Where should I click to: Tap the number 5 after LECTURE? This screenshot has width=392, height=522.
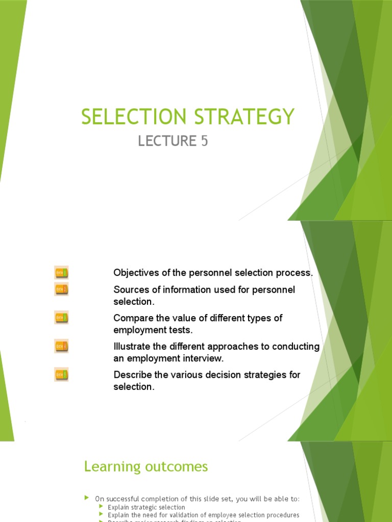coord(204,141)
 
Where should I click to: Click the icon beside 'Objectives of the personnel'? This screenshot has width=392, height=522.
coord(61,273)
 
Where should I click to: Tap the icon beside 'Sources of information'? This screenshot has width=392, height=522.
coord(61,290)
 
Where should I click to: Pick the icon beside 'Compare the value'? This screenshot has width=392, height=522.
coord(61,318)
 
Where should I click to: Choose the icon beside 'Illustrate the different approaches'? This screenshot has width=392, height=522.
coord(61,347)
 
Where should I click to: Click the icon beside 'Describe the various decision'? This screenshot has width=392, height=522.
coord(61,375)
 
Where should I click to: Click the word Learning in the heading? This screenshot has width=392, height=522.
coord(112,466)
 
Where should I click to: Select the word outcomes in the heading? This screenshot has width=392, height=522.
coord(176,466)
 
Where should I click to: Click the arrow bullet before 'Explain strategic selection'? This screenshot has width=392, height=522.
coord(102,507)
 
